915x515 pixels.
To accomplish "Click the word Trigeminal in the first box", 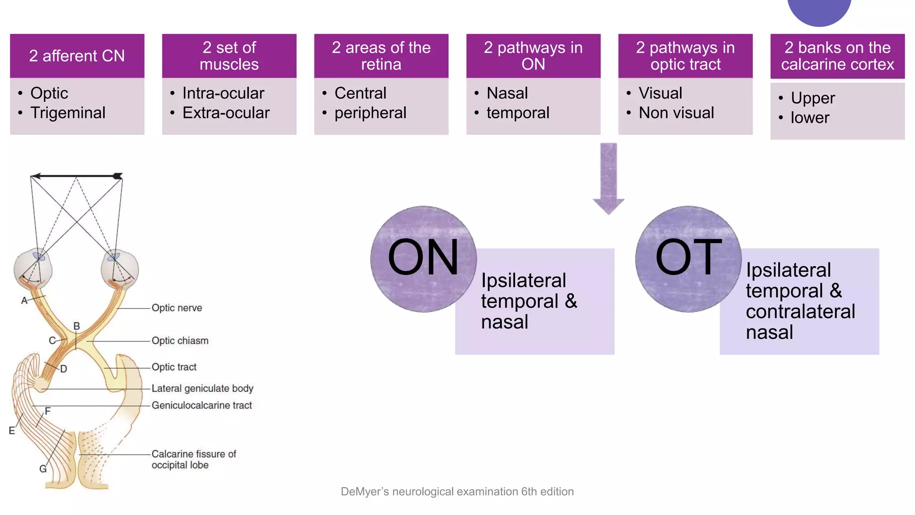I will (x=68, y=113).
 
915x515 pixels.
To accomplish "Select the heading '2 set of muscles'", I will (x=229, y=56).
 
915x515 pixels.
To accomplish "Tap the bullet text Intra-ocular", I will (x=223, y=93).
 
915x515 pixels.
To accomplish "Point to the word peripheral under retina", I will (x=370, y=113).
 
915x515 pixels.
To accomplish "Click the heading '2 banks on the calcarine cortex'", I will (x=837, y=56).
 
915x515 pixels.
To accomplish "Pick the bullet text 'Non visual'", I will (x=676, y=113).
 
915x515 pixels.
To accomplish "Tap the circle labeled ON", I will (x=423, y=258).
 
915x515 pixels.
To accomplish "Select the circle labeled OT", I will (x=688, y=258).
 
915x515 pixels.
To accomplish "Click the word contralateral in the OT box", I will (x=800, y=312).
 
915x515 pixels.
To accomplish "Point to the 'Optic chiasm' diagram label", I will (x=180, y=341).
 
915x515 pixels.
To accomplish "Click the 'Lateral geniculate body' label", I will (x=202, y=388).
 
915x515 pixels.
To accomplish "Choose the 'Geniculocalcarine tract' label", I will (x=201, y=405).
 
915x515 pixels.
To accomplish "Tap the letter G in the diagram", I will (x=43, y=469).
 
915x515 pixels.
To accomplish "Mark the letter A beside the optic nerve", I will (x=25, y=301).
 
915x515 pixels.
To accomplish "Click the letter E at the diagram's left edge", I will (x=12, y=431).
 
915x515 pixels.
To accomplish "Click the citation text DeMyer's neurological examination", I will (x=457, y=492).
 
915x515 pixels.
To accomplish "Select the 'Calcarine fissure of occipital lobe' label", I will (x=193, y=460).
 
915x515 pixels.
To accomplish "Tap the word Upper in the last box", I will (x=812, y=98).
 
